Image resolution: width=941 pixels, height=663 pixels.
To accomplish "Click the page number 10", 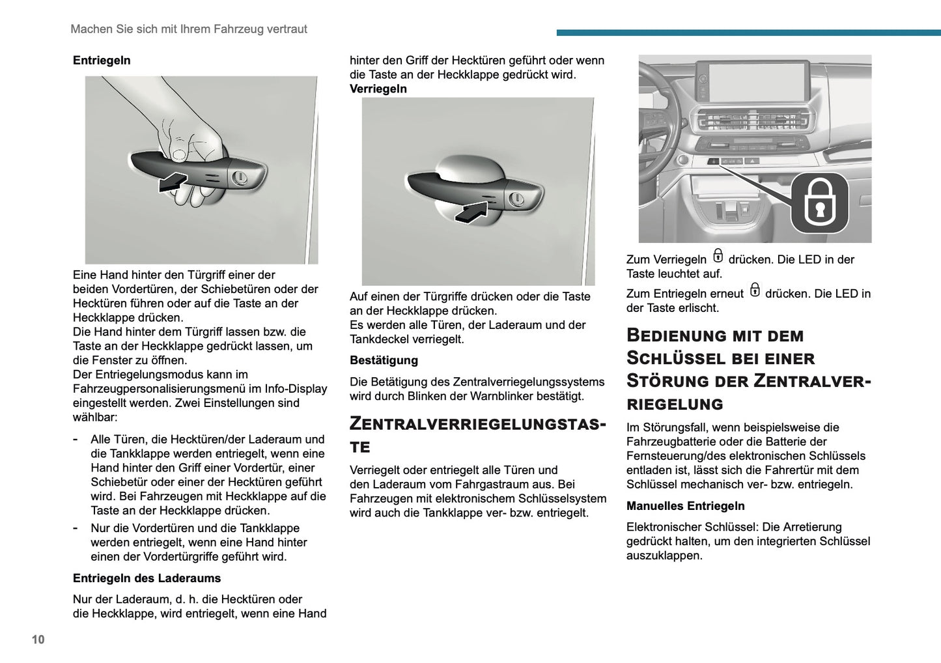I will (38, 639).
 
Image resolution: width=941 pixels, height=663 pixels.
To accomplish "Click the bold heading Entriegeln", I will (102, 61).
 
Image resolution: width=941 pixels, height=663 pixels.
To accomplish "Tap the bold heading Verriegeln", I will (378, 89).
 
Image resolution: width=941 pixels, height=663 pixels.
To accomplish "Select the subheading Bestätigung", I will (384, 360).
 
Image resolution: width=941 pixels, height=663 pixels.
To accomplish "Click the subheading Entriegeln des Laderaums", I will (147, 578).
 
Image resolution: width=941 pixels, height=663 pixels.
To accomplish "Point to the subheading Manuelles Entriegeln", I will (685, 506).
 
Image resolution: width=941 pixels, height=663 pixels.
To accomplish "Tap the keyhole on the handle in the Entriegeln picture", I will (240, 177).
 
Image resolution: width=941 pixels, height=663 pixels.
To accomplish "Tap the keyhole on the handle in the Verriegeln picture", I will (516, 198).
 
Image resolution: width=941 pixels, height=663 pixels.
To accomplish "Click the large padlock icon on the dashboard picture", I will (819, 202).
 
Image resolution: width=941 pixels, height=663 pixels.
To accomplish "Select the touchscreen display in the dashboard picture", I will (752, 81).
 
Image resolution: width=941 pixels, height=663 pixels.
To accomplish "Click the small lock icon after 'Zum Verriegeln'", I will (718, 256).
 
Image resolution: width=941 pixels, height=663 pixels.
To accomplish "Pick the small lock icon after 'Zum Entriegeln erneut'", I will (754, 290).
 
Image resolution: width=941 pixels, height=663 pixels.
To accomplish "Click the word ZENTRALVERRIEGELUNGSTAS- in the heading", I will (477, 424).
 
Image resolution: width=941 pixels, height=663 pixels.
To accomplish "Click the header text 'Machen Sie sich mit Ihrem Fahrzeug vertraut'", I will (188, 29).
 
